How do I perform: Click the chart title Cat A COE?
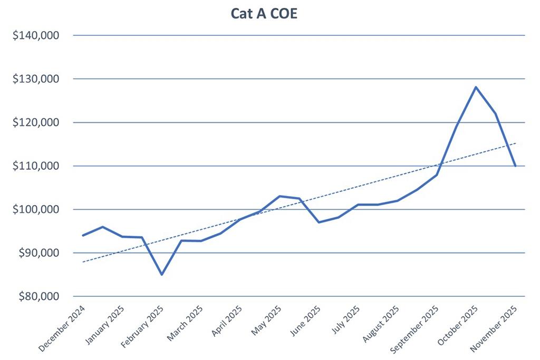pos(264,14)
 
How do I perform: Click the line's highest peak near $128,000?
pos(476,87)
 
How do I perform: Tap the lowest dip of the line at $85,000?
pos(162,275)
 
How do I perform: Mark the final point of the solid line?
pos(515,166)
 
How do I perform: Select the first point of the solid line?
pos(83,236)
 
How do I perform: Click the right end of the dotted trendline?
pos(516,143)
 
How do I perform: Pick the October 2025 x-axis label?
pos(457,326)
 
